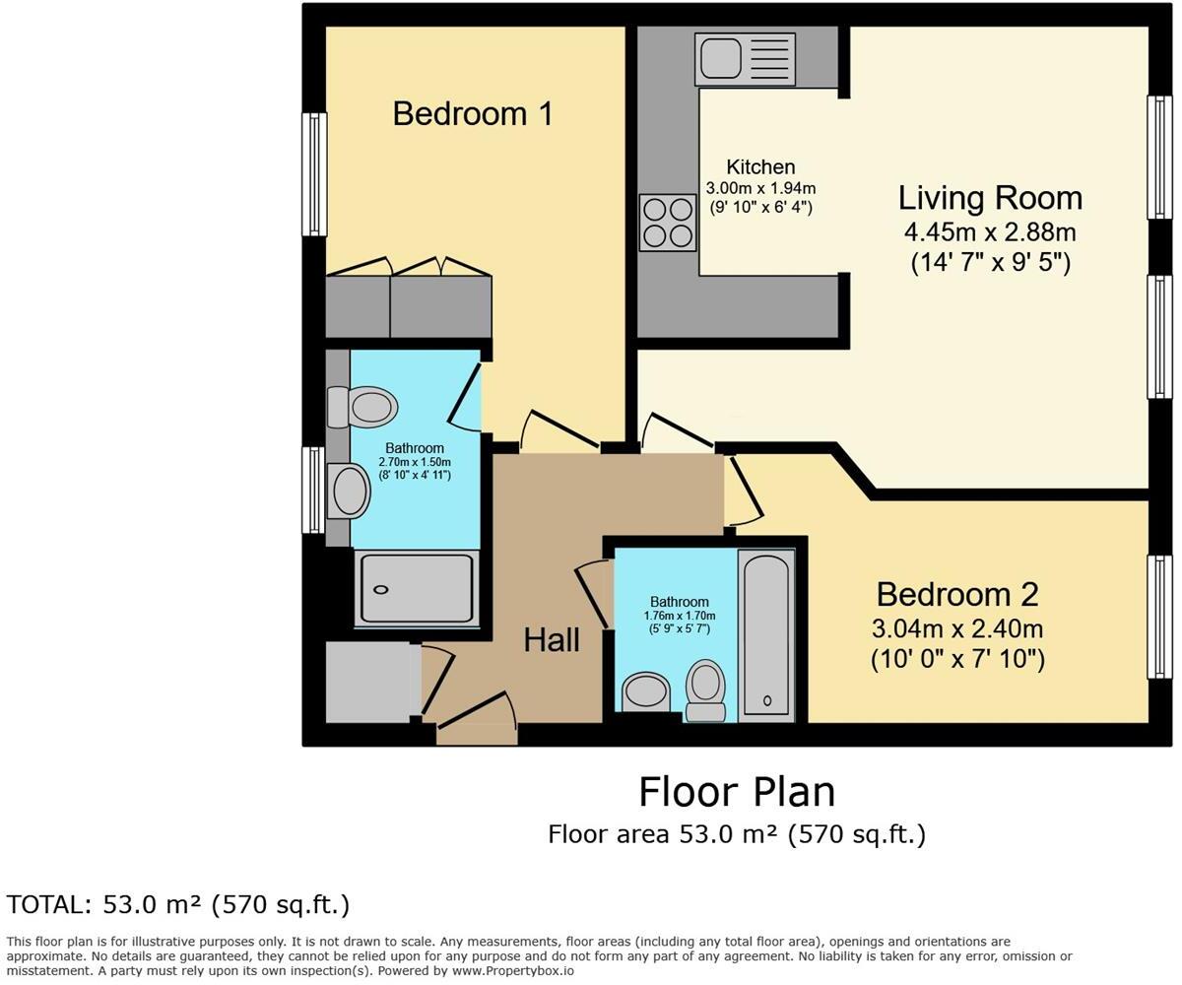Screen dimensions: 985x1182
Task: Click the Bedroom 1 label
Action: click(472, 113)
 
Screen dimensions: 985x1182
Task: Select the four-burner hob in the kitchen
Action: click(667, 223)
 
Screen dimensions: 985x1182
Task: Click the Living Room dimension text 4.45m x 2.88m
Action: click(989, 232)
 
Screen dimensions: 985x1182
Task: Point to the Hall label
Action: click(551, 640)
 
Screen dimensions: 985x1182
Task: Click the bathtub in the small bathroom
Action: click(766, 634)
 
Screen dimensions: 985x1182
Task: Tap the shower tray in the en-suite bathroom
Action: click(417, 588)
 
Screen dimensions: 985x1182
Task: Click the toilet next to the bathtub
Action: click(705, 689)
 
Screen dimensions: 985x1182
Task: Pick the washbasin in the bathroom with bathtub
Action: click(646, 690)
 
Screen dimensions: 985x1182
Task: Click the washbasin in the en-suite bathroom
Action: click(348, 491)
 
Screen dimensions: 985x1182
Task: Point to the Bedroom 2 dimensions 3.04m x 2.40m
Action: click(956, 628)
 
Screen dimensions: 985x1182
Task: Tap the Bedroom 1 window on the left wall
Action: click(313, 174)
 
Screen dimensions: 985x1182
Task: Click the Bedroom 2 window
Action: click(1158, 617)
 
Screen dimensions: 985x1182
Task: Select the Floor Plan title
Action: click(737, 792)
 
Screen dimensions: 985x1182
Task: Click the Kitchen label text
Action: click(760, 167)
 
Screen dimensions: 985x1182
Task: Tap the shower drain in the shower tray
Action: click(381, 590)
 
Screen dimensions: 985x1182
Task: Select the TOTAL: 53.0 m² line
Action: click(178, 904)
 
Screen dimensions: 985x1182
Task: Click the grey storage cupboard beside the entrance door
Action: click(367, 682)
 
